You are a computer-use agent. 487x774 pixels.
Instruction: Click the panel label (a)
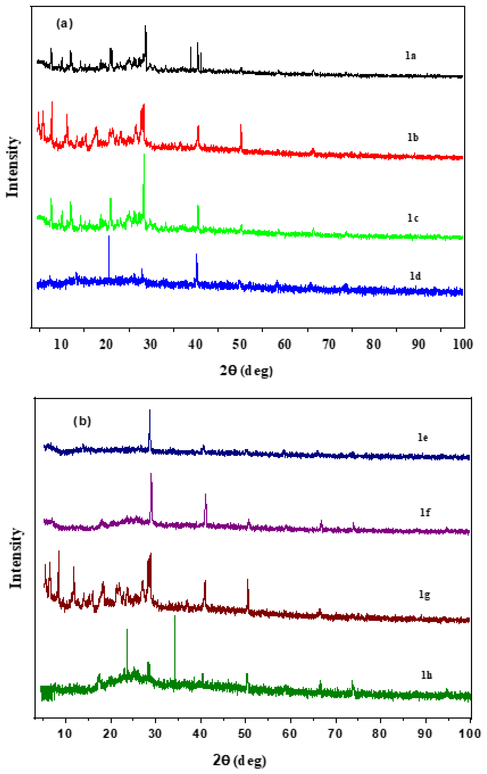(65, 24)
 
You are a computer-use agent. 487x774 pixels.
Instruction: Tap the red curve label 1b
(413, 137)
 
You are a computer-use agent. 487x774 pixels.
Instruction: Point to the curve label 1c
(413, 218)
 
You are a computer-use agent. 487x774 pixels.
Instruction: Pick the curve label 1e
(422, 438)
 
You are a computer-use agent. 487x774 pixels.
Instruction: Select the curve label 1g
(424, 595)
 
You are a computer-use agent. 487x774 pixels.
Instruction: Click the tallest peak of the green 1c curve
(144, 155)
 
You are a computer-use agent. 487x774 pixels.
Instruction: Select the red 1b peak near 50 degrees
(241, 125)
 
